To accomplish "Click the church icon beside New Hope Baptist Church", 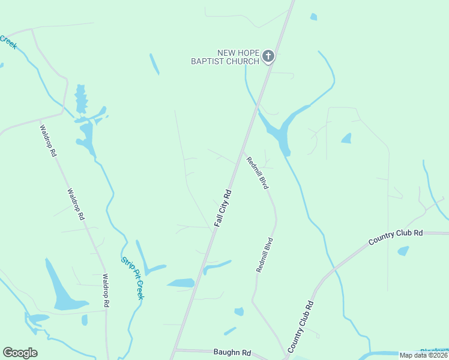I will pos(268,57).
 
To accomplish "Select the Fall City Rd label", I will pos(222,209).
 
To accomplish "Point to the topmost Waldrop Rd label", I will pos(48,140).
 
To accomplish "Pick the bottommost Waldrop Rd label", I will pos(106,291).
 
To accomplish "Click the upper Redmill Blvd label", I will pos(257,173).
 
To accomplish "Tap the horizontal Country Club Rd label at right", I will pos(396,237).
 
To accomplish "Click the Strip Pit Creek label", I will pos(133,278).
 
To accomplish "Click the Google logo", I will pos(20,353).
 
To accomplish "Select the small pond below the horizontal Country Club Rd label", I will pos(403,251).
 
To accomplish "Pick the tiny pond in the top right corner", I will pos(313,17).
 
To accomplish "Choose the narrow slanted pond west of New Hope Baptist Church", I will pos(154,64).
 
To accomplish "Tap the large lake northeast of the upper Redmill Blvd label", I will pos(279,132).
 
